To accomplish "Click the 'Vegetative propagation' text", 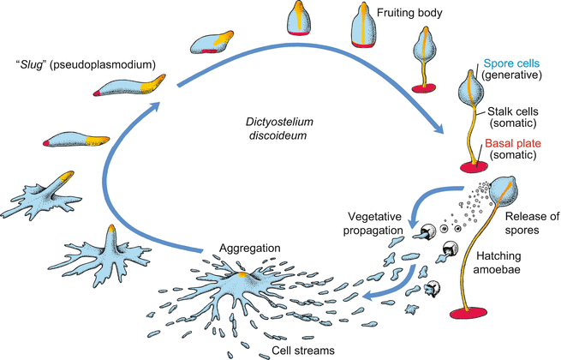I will [378, 221].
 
